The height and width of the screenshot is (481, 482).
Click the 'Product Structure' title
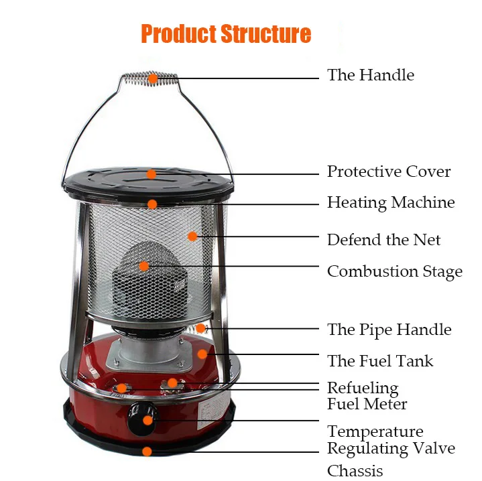pos(226,33)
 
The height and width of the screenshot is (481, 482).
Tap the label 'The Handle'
pos(370,75)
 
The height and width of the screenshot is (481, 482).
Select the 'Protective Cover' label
pos(389,171)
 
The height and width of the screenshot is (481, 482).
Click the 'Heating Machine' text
pos(391,202)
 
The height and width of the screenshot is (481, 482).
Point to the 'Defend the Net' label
pos(383,239)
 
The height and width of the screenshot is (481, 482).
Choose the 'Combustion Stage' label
pos(394,271)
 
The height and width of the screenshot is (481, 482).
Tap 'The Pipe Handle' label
pos(389,330)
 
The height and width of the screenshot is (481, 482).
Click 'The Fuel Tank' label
pos(380,361)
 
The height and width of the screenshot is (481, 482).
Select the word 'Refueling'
pos(362,388)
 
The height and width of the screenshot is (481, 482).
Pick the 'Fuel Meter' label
pos(367,403)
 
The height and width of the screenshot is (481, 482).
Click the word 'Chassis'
pos(355,470)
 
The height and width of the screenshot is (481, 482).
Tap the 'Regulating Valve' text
pos(391,448)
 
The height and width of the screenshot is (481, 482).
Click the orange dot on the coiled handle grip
pos(153,78)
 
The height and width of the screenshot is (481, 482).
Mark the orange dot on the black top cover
pos(152,174)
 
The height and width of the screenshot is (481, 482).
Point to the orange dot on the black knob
pos(147,421)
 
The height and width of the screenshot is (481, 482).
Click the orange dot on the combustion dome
pos(144,266)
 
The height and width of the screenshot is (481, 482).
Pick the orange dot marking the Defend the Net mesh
pos(192,236)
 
